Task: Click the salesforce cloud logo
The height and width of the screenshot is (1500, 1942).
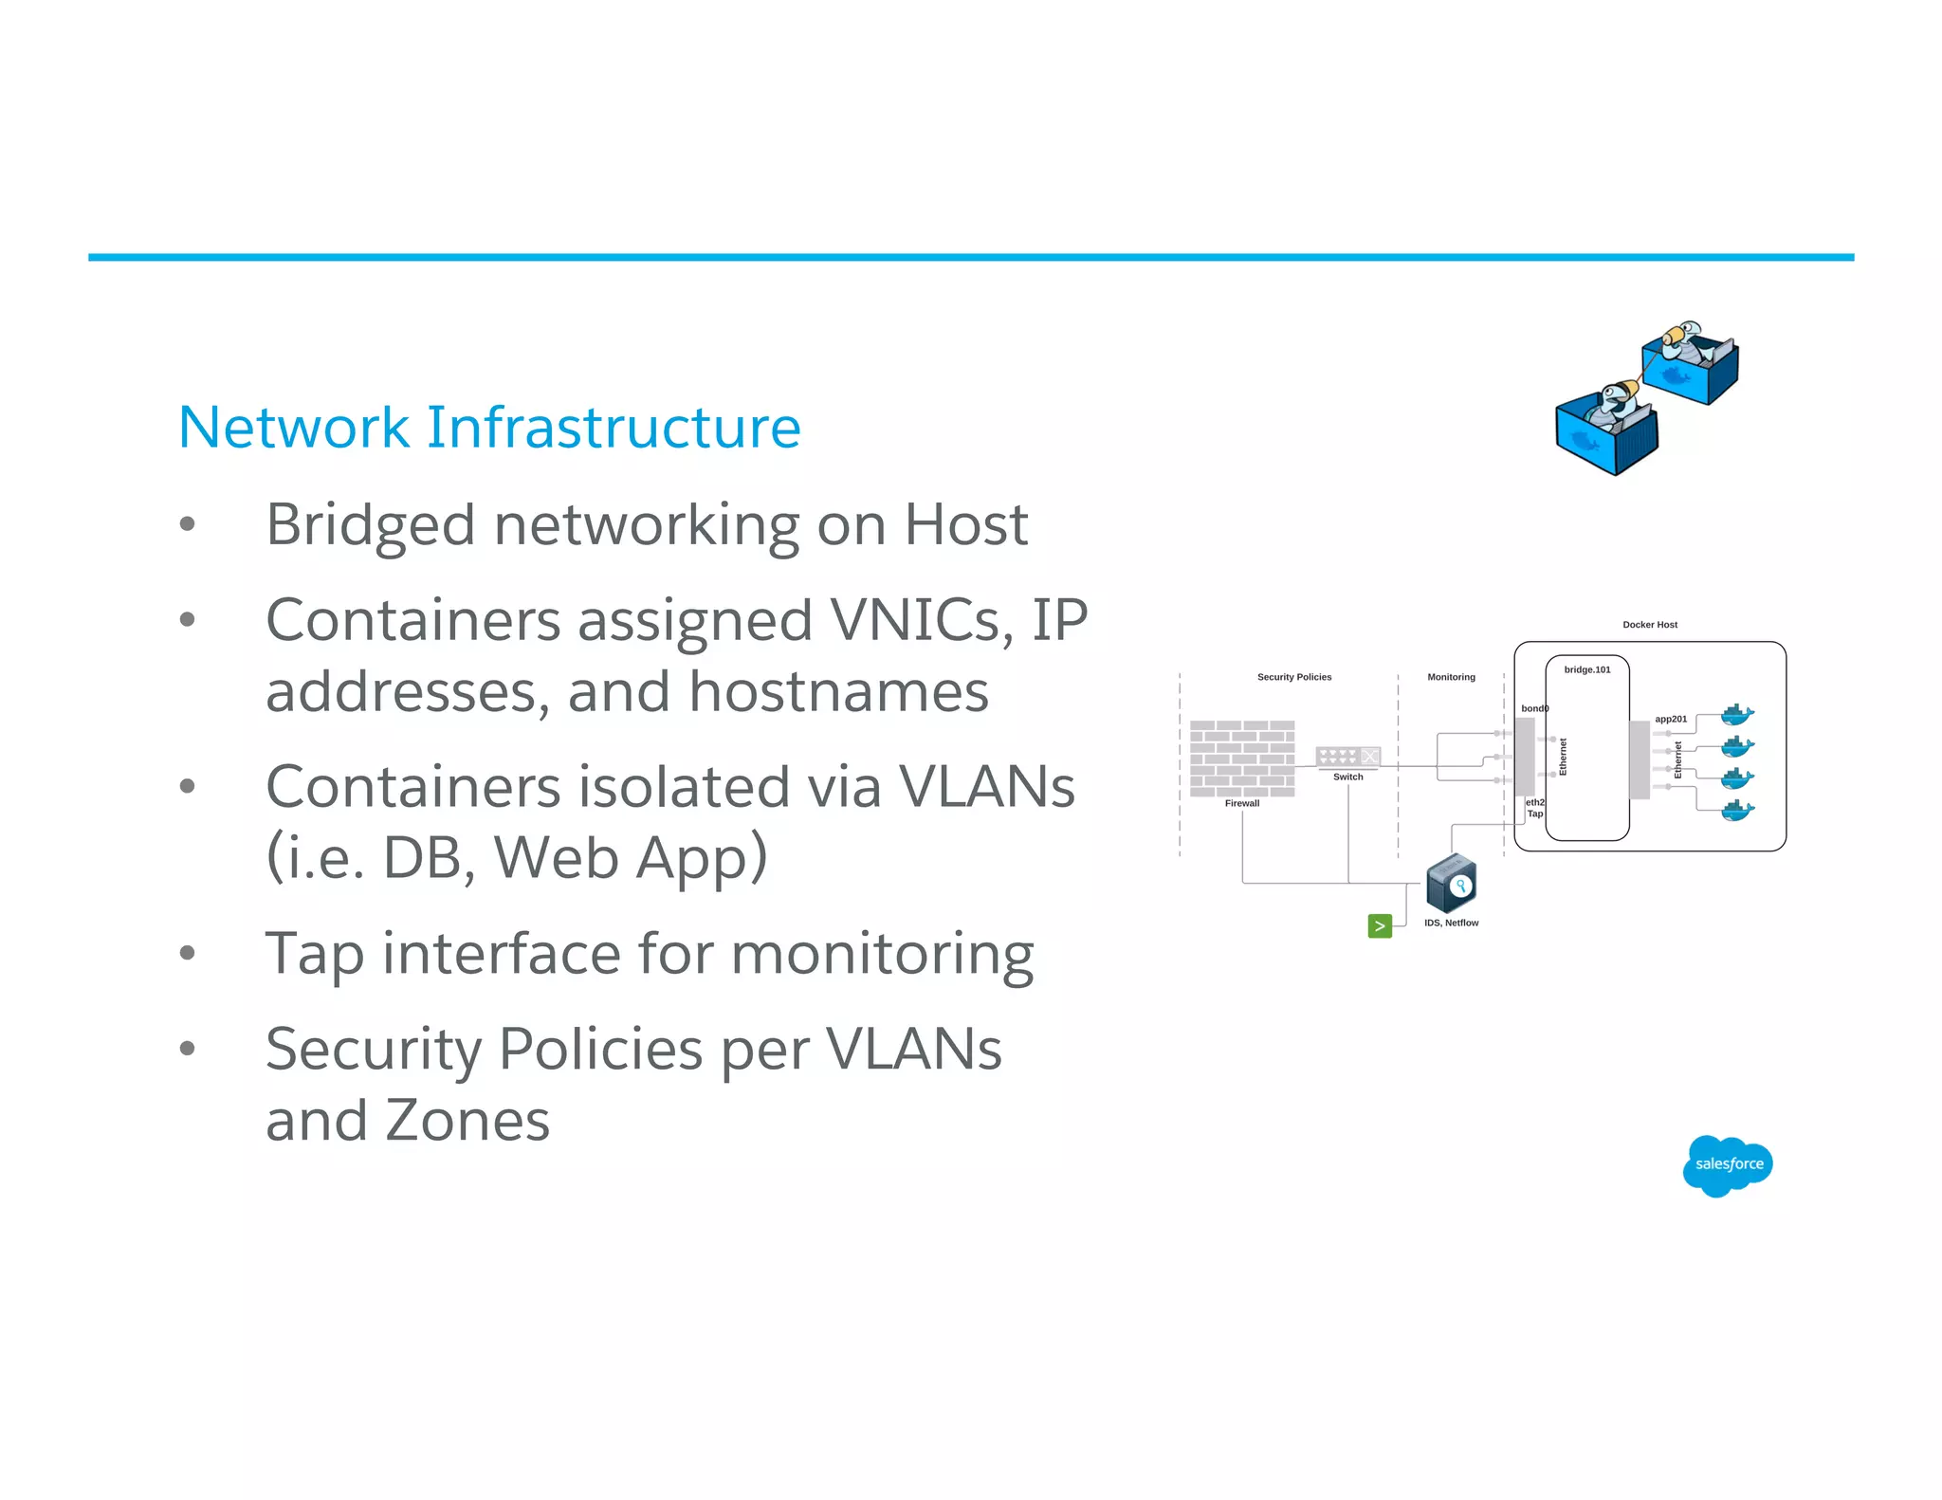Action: pos(1728,1164)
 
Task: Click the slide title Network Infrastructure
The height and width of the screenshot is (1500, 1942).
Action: pos(489,427)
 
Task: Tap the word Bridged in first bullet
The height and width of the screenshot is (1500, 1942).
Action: pos(370,524)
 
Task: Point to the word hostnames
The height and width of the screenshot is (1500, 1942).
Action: pos(838,691)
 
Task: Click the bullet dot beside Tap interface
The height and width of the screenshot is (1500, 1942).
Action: pos(188,952)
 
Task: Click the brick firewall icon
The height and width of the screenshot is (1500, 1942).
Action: pos(1242,758)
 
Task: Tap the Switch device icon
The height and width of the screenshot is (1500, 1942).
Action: pos(1347,756)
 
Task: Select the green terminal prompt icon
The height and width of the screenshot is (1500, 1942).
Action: pos(1380,925)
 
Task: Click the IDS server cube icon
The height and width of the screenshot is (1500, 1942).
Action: pos(1451,883)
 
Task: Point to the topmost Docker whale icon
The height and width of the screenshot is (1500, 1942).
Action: pos(1736,714)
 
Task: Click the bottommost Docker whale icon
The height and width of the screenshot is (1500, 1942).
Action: pos(1736,810)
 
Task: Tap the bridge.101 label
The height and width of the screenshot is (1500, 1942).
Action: pos(1587,669)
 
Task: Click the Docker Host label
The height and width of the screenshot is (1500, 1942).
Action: pos(1649,625)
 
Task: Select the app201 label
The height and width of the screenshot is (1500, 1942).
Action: pos(1671,719)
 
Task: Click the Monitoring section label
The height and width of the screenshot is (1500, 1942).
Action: pos(1451,677)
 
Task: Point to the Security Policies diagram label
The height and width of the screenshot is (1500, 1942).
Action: pos(1293,677)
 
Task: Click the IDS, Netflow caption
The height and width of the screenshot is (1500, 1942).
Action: pos(1451,923)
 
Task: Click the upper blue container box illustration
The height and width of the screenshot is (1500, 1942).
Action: pos(1691,363)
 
